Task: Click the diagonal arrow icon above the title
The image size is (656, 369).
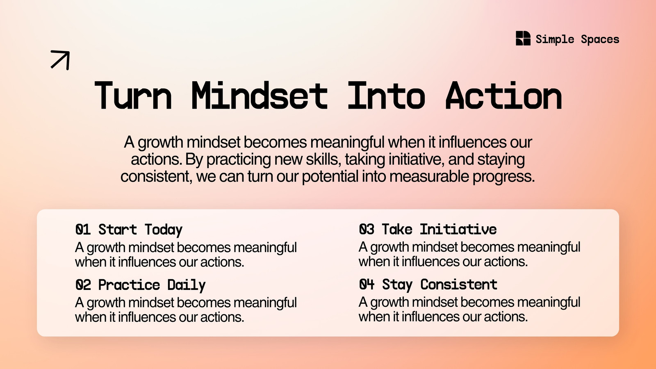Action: click(x=60, y=60)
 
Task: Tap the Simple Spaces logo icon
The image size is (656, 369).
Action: click(x=523, y=39)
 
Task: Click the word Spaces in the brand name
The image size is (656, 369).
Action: click(x=600, y=39)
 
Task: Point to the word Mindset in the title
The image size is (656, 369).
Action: click(x=260, y=95)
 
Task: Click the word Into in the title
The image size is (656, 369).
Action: click(x=386, y=95)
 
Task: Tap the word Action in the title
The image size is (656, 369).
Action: click(x=504, y=95)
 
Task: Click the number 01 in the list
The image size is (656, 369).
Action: click(x=83, y=229)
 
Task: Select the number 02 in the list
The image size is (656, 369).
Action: click(x=83, y=285)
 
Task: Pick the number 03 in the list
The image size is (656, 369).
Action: click(x=367, y=229)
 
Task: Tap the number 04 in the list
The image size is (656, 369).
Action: click(x=367, y=284)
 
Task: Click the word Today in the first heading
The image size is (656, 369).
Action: click(x=164, y=230)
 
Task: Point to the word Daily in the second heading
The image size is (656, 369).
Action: click(x=186, y=285)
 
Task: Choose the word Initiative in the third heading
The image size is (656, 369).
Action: click(x=458, y=229)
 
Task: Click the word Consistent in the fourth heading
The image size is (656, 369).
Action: click(x=459, y=284)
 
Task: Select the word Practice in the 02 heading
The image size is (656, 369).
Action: click(x=129, y=285)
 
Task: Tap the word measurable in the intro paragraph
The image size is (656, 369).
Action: click(x=429, y=176)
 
